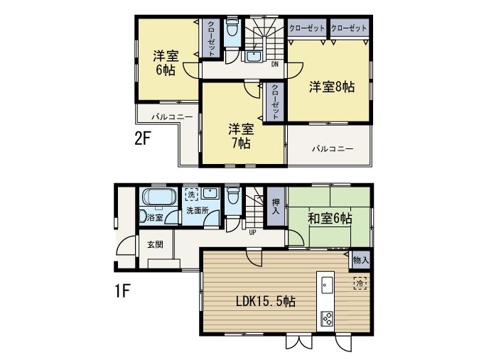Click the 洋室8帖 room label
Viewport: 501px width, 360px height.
(x=331, y=87)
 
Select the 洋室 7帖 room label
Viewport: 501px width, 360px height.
(x=241, y=136)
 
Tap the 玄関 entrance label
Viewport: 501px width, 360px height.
(x=156, y=244)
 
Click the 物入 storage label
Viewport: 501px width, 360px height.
(x=360, y=261)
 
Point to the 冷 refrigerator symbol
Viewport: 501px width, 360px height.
(x=360, y=284)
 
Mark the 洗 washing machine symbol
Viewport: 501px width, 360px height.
(x=190, y=193)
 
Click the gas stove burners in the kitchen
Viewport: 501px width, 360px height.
(x=328, y=317)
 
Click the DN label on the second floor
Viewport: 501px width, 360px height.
(x=275, y=64)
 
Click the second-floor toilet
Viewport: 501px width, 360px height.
(x=232, y=32)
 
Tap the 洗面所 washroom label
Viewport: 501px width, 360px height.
(x=197, y=211)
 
